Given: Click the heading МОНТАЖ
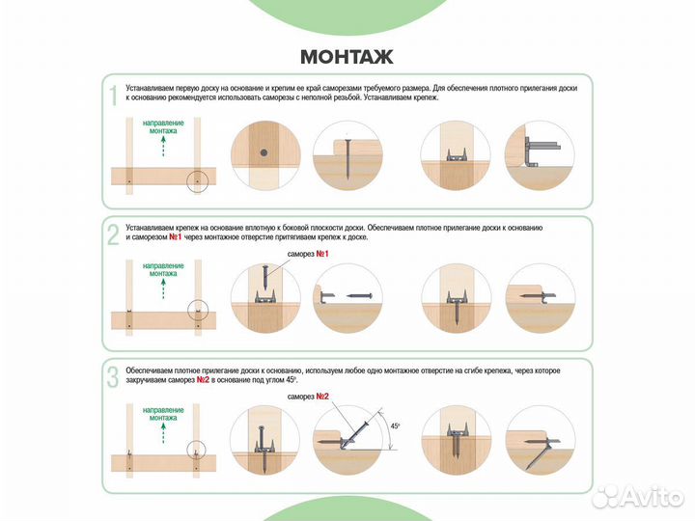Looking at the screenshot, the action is (347, 57).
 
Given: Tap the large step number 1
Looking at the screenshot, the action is (114, 96).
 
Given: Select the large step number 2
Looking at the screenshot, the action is (114, 234).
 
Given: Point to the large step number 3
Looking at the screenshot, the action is (114, 378).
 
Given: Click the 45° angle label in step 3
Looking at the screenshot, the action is (395, 426).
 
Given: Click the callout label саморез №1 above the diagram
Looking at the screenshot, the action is (308, 255).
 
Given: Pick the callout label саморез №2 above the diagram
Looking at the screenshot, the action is (308, 397).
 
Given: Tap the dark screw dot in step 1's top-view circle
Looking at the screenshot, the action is (264, 152).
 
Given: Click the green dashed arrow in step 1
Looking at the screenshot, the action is (163, 147).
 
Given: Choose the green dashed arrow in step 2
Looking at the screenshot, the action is (163, 288).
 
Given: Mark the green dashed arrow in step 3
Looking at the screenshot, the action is (163, 433).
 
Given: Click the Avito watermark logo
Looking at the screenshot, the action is (638, 498).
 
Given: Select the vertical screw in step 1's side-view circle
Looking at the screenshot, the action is (347, 159).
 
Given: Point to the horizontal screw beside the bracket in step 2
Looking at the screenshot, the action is (359, 296).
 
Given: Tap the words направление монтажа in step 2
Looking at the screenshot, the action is (163, 270).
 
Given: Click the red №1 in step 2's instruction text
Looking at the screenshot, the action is (175, 237).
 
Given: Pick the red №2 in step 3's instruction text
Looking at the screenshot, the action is (203, 380).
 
